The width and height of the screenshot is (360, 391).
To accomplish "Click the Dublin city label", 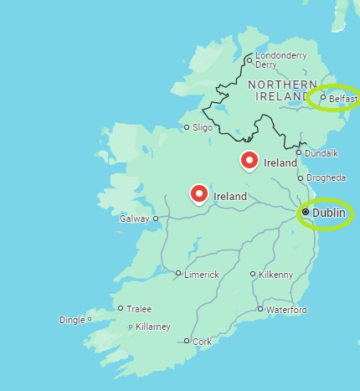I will coord(329,213).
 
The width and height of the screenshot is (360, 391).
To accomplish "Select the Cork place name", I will coord(202,342).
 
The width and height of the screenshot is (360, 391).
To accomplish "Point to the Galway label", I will coord(135,219).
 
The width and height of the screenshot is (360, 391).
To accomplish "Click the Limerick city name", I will coord(202,274).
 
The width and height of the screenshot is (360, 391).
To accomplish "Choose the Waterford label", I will coord(286,310).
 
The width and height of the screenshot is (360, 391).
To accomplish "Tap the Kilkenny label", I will coord(276,275).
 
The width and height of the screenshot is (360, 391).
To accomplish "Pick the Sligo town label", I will coord(203,128).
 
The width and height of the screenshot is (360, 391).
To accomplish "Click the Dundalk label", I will coord(322,152).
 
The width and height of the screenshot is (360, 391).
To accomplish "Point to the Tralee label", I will coord(139,308).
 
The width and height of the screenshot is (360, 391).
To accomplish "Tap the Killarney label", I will coord(152,327).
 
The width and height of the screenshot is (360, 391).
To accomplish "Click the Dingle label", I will coord(72,320).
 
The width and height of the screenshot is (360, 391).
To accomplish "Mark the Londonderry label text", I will coord(281,55).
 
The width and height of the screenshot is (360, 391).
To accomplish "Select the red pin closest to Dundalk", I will coord(249,159).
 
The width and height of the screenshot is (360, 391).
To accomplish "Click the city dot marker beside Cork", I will coord(187,341).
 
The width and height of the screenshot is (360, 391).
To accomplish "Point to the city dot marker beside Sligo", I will coord(187,128).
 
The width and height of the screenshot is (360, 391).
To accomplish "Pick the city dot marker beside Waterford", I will coord(260,309).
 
